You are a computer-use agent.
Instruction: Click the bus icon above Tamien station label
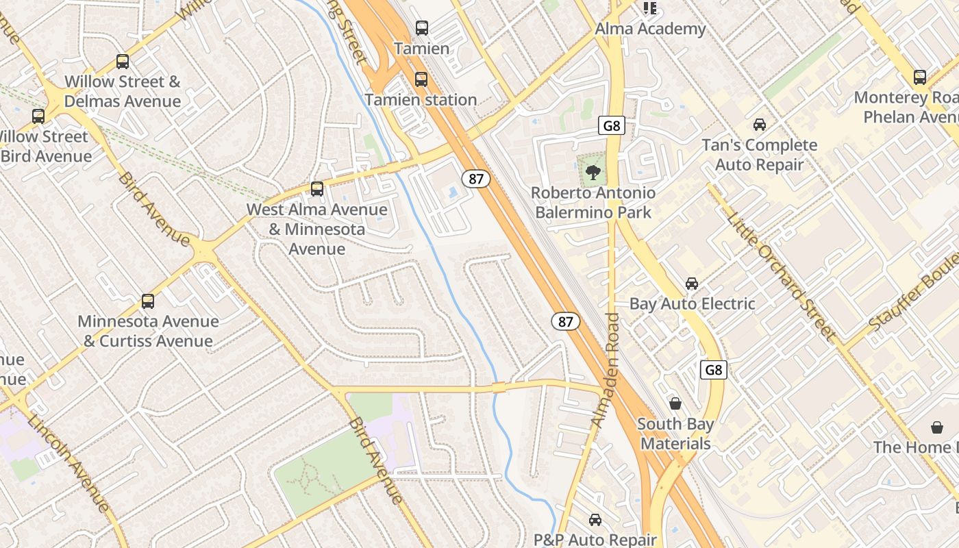pyautogui.click(x=421, y=79)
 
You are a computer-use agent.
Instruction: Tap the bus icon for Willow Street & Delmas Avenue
pyautogui.click(x=123, y=62)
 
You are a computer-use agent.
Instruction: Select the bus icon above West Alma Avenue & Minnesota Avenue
pyautogui.click(x=316, y=188)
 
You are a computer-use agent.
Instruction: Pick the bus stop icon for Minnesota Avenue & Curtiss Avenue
pyautogui.click(x=148, y=301)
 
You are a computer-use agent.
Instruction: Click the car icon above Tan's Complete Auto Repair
pyautogui.click(x=760, y=125)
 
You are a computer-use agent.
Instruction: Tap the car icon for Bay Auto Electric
pyautogui.click(x=692, y=284)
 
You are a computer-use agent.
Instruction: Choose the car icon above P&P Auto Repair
pyautogui.click(x=595, y=520)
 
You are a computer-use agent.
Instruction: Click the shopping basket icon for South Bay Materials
pyautogui.click(x=675, y=403)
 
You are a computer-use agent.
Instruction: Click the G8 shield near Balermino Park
pyautogui.click(x=612, y=125)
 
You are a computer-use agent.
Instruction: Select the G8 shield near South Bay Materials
pyautogui.click(x=714, y=370)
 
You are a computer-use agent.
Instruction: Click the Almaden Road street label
pyautogui.click(x=606, y=370)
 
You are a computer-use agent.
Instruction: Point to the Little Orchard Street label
pyautogui.click(x=781, y=276)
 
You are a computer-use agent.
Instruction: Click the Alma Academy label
pyautogui.click(x=650, y=29)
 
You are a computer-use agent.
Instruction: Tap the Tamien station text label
pyautogui.click(x=421, y=99)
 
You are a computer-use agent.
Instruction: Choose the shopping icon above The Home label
pyautogui.click(x=937, y=427)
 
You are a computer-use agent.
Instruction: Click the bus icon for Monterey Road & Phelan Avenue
pyautogui.click(x=920, y=77)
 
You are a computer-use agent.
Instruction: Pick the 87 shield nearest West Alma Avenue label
pyautogui.click(x=476, y=179)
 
